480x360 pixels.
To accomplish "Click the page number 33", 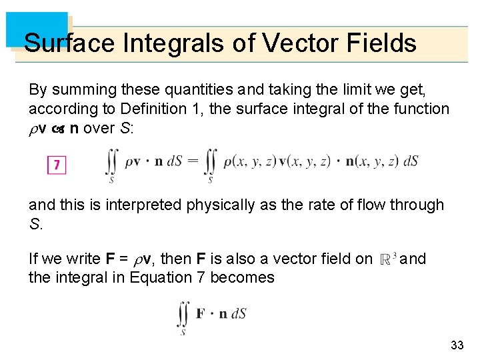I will pos(457,345).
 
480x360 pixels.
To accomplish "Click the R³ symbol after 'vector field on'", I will pos(388,259).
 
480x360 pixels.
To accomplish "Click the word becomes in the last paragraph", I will pos(242,277).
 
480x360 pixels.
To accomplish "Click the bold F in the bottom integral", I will pos(201,313).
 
